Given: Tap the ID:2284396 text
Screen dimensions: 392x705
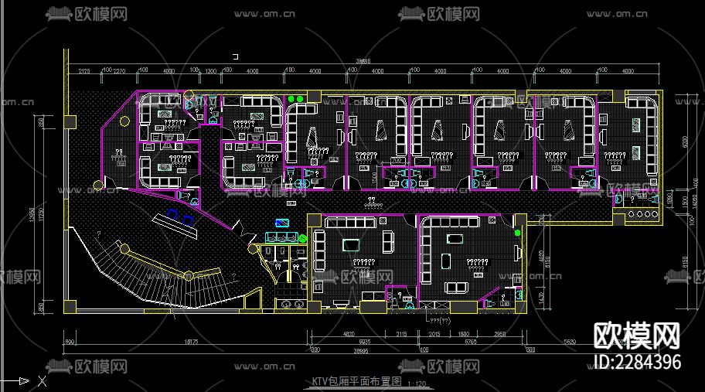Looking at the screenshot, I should click(x=639, y=363).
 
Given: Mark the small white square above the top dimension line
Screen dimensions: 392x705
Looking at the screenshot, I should click(x=236, y=56).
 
